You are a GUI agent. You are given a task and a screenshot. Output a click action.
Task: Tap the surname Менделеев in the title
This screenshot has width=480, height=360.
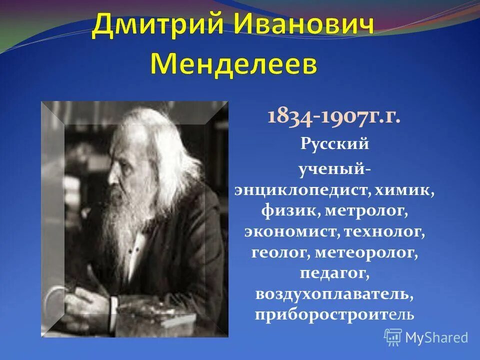pyautogui.click(x=233, y=64)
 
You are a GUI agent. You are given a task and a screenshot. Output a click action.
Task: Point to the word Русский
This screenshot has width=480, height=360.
pyautogui.click(x=334, y=144)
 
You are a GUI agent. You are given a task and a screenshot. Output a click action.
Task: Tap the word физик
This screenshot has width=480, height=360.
pyautogui.click(x=289, y=210)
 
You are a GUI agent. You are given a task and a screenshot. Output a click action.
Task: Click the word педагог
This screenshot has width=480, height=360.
pyautogui.click(x=334, y=273)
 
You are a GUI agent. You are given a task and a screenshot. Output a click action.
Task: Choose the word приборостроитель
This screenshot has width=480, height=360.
pyautogui.click(x=334, y=315)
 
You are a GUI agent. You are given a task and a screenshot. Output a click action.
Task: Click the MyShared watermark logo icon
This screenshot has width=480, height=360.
pyautogui.click(x=393, y=336)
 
